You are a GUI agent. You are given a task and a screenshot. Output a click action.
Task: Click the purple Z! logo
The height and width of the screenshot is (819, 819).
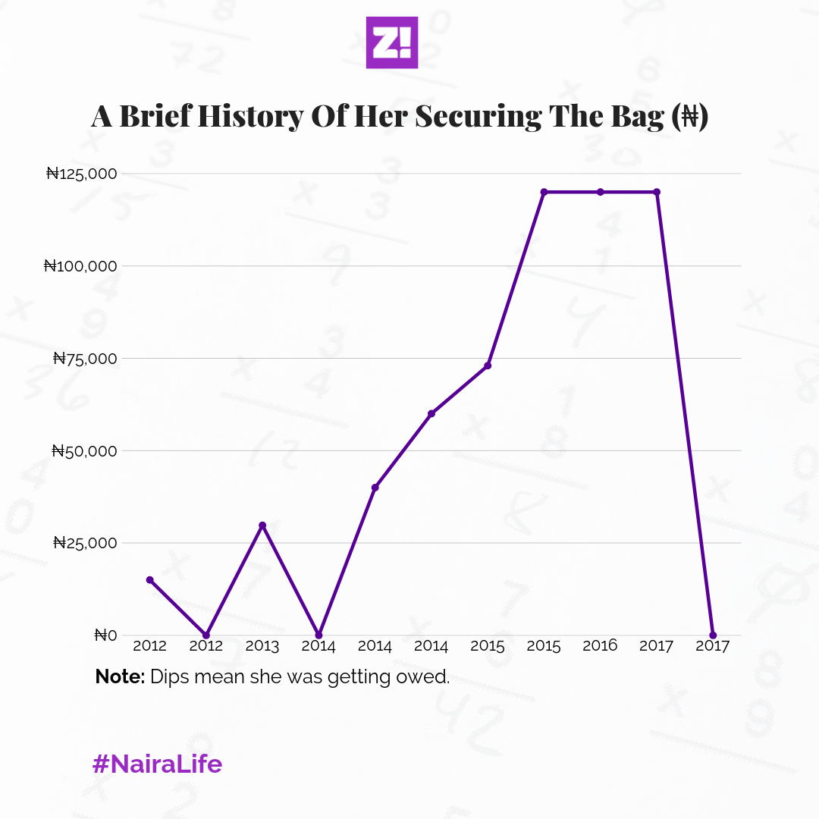pyautogui.click(x=392, y=42)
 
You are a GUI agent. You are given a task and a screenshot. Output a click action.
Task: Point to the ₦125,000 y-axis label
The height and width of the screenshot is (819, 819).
pyautogui.click(x=81, y=174)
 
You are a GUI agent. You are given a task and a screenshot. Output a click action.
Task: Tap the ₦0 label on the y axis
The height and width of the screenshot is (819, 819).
pyautogui.click(x=105, y=635)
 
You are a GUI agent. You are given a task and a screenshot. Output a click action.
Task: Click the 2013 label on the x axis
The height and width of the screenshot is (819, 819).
pyautogui.click(x=262, y=647)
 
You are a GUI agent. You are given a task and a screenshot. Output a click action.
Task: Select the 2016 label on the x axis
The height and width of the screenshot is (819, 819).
pyautogui.click(x=600, y=647)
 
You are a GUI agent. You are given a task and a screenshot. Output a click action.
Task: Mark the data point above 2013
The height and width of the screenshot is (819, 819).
pyautogui.click(x=262, y=526)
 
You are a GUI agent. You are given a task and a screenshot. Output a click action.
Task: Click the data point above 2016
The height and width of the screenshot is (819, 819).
pyautogui.click(x=600, y=192)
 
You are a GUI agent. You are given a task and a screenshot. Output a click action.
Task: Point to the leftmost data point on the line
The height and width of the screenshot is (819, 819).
pyautogui.click(x=149, y=580)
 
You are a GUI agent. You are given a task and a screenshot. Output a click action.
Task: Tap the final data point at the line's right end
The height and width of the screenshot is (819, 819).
pyautogui.click(x=713, y=635)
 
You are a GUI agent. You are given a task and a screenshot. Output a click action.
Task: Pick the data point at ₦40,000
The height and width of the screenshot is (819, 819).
pyautogui.click(x=375, y=488)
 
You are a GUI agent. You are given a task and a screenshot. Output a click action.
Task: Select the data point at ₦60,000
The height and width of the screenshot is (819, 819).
pyautogui.click(x=431, y=413)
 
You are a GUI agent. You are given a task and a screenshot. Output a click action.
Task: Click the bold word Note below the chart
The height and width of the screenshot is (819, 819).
pyautogui.click(x=119, y=677)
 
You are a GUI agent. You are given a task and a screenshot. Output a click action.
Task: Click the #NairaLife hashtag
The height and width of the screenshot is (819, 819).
pyautogui.click(x=158, y=764)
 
